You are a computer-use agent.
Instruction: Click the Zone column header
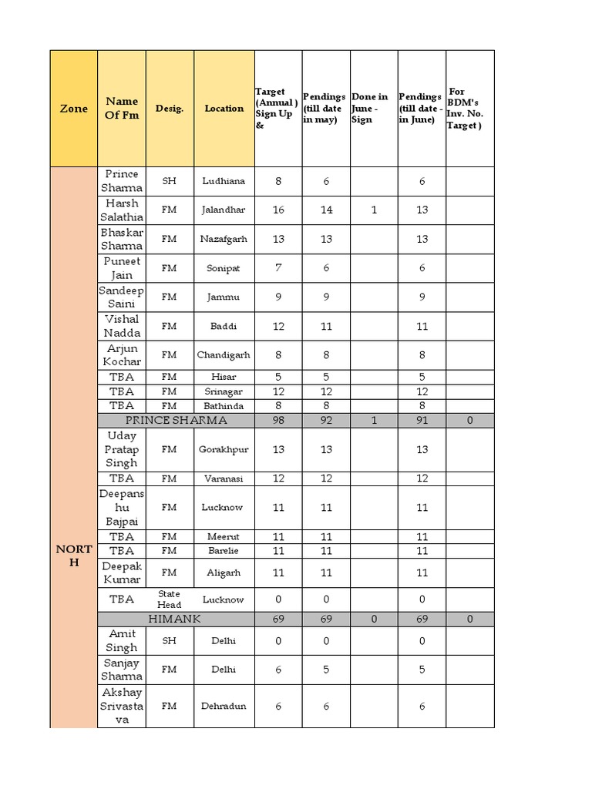(x=74, y=109)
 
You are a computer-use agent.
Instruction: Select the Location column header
(x=224, y=109)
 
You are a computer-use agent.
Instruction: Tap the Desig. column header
(x=170, y=109)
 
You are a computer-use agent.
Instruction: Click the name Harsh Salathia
(x=122, y=210)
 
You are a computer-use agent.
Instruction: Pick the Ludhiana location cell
(x=224, y=181)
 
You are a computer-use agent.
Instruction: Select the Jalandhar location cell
(x=224, y=210)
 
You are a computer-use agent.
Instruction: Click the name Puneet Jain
(x=122, y=268)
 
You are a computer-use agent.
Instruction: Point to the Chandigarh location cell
(x=224, y=355)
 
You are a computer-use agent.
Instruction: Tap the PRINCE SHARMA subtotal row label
(x=176, y=421)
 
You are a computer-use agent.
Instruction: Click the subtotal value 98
(x=278, y=421)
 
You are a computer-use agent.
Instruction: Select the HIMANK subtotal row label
(x=176, y=619)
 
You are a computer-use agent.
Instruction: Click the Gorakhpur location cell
(x=224, y=449)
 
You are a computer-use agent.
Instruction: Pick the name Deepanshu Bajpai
(x=122, y=508)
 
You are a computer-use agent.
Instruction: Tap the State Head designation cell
(x=170, y=599)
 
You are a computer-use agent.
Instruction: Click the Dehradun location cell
(x=224, y=706)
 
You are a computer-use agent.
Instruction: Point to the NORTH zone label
(x=74, y=556)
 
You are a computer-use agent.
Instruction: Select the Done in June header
(x=373, y=109)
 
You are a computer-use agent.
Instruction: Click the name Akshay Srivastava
(x=122, y=706)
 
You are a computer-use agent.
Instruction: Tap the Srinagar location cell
(x=224, y=391)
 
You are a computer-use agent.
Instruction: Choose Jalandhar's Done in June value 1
(x=374, y=210)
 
